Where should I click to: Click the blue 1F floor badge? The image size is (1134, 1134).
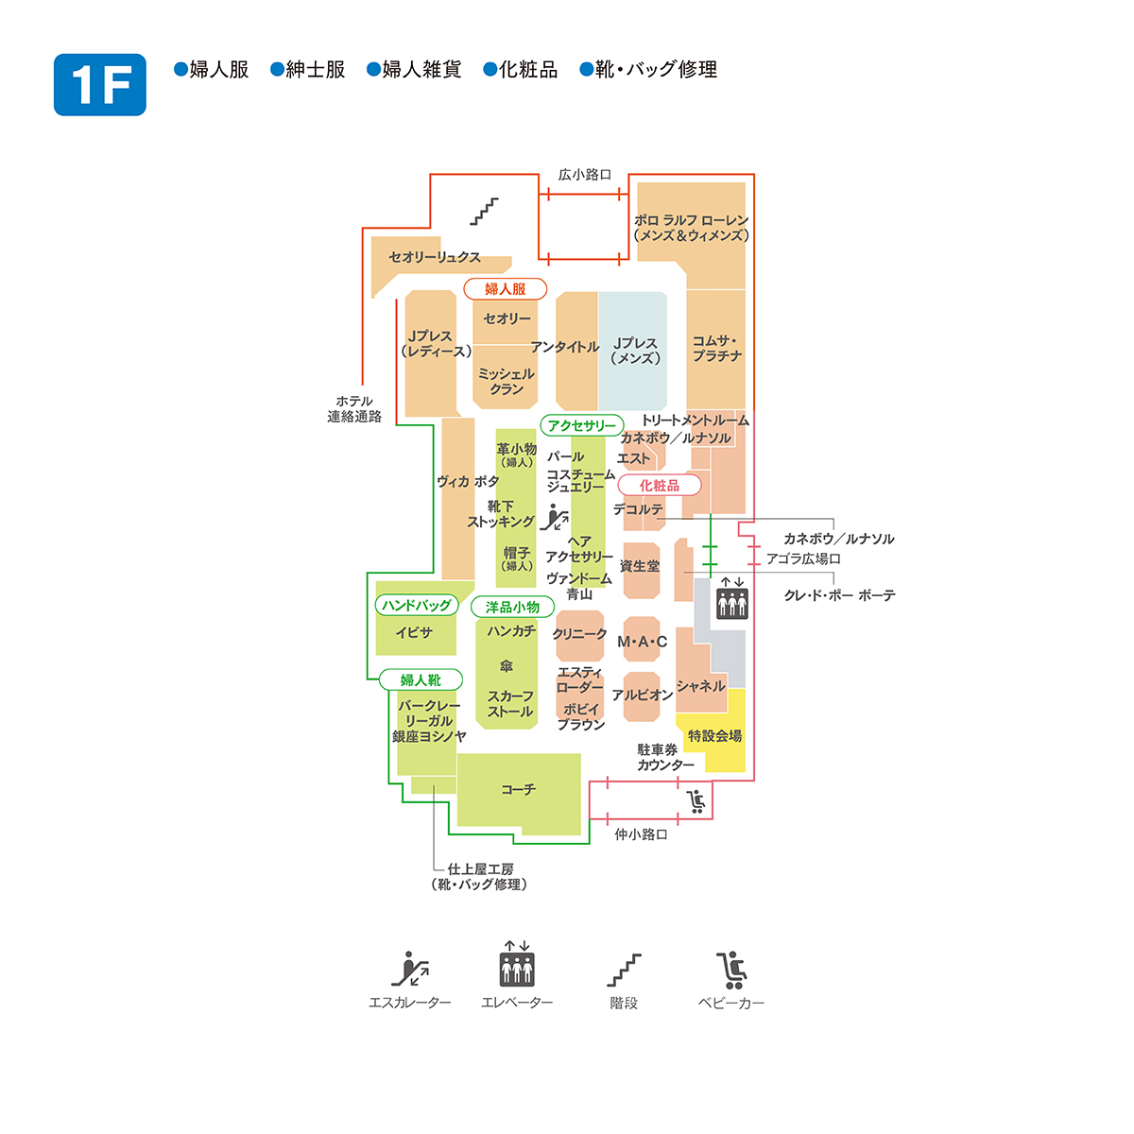click(99, 84)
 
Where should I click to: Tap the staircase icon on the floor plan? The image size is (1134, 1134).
click(484, 212)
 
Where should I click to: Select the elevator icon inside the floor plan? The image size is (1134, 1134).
click(732, 598)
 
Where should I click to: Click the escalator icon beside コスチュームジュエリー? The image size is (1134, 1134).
click(555, 517)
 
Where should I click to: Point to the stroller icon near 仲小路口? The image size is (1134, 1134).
click(696, 801)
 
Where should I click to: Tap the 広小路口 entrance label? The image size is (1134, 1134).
click(584, 174)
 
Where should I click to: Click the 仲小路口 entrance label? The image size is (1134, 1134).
click(641, 834)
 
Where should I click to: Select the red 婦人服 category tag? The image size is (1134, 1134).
click(505, 289)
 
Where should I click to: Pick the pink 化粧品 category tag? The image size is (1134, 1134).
click(659, 486)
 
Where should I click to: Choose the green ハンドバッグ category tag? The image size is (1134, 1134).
click(417, 605)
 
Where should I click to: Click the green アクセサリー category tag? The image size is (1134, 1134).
click(582, 425)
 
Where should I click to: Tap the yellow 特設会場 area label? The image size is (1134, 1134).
click(714, 735)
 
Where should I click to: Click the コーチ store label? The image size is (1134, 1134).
click(518, 789)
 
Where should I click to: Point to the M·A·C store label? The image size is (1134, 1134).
click(642, 642)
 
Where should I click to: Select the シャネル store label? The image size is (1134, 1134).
click(700, 685)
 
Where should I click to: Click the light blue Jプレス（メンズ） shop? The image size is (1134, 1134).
click(632, 351)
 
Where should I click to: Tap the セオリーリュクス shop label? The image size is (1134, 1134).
click(435, 257)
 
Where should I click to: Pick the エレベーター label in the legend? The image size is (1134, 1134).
click(517, 1003)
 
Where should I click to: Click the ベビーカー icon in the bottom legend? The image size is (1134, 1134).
click(730, 971)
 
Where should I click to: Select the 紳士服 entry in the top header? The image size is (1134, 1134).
click(308, 69)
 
